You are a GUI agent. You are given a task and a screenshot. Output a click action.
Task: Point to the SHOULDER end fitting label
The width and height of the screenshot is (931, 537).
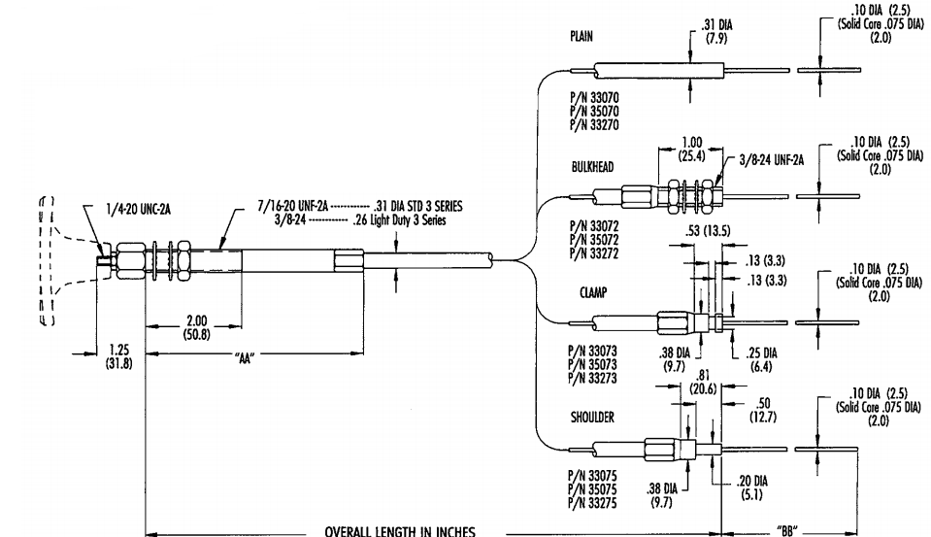[x=593, y=417]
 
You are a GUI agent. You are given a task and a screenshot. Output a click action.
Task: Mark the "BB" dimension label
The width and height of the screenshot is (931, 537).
[x=790, y=531]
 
